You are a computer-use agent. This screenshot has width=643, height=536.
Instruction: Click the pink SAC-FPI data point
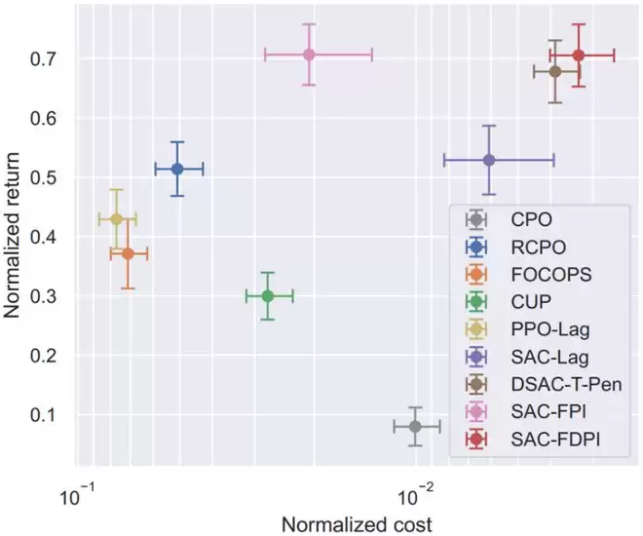click(x=309, y=55)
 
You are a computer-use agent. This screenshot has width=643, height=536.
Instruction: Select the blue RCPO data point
click(x=177, y=169)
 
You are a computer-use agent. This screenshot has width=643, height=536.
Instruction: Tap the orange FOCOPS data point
click(x=128, y=253)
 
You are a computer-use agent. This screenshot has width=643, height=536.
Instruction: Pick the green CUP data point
click(x=268, y=296)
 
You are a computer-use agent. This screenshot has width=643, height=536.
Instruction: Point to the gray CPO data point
click(x=416, y=426)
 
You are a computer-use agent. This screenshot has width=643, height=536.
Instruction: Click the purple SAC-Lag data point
click(x=489, y=160)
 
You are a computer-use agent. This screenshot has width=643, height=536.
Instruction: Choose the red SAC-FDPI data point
click(x=579, y=56)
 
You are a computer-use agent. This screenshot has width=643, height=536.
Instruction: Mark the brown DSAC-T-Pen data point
click(x=555, y=71)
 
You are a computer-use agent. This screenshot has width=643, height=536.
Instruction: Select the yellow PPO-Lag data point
click(x=117, y=219)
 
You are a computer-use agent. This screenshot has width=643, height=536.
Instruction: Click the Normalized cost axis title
click(x=356, y=522)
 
